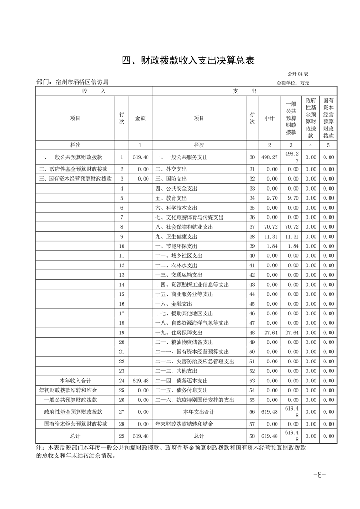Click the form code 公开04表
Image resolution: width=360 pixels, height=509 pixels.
click(x=298, y=74)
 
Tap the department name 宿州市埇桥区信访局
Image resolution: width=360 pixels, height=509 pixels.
click(x=82, y=82)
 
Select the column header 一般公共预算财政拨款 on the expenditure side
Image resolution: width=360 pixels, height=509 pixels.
click(x=291, y=118)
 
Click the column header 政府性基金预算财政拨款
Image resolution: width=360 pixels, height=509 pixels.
click(x=311, y=118)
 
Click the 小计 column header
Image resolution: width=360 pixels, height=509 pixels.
click(x=270, y=118)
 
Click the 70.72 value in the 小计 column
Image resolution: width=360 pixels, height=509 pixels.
click(x=270, y=226)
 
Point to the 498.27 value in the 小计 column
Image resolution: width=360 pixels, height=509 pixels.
click(x=270, y=157)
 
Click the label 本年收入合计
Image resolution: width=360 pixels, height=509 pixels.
click(x=75, y=380)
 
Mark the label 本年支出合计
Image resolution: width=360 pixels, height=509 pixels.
click(x=198, y=411)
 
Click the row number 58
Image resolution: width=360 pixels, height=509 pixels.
click(x=252, y=436)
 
